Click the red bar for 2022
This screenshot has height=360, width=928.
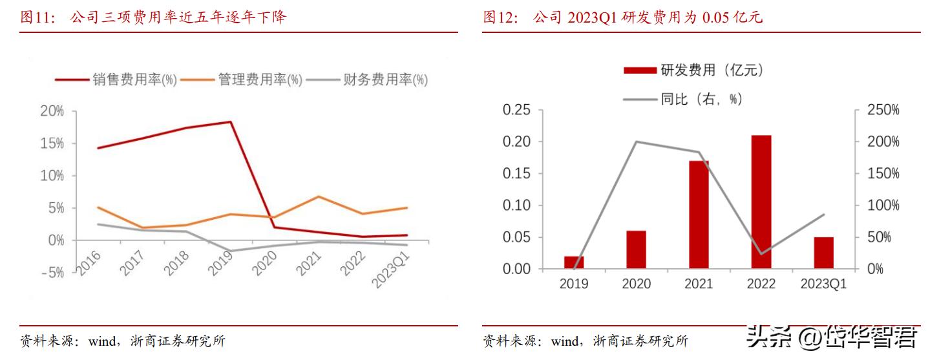[x=761, y=202]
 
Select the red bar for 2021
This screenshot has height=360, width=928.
[x=699, y=215]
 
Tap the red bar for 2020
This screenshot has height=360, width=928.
[x=636, y=249]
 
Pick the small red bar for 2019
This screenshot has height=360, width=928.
[x=574, y=262]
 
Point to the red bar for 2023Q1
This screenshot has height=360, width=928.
[x=823, y=253]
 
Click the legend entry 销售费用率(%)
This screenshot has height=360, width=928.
[x=116, y=80]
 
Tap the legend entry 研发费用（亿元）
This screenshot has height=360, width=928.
[x=695, y=70]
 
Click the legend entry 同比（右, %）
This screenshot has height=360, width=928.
[x=684, y=99]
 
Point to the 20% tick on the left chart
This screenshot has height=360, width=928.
[x=52, y=111]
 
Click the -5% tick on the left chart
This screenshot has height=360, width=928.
[x=52, y=273]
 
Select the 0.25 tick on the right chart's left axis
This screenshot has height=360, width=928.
[x=516, y=110]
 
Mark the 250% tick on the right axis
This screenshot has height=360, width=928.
[x=883, y=110]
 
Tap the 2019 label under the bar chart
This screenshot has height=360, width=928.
[x=574, y=284]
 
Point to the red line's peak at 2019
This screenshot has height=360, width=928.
[x=231, y=122]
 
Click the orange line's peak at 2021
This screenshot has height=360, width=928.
[x=319, y=196]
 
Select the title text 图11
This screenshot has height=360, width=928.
[x=37, y=18]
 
